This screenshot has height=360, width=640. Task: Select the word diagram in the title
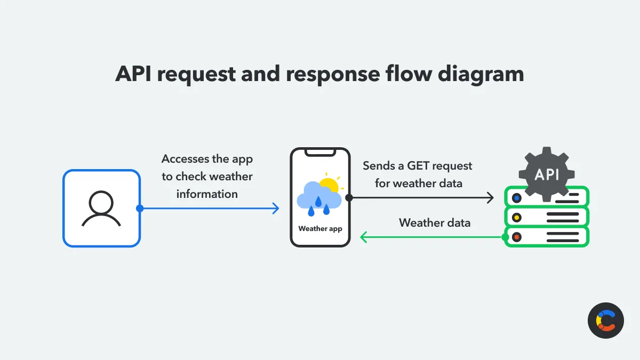point(481,74)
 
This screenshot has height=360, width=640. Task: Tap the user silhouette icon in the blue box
point(101,209)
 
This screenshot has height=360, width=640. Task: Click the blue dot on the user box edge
point(140,209)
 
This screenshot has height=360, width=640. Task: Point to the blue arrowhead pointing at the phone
point(276,209)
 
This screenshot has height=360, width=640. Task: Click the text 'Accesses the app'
point(207,159)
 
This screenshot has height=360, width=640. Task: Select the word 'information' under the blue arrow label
point(207,194)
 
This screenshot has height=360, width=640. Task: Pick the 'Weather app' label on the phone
point(320,229)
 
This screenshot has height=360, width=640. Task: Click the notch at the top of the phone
point(320,153)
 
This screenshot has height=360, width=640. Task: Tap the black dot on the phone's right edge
point(349,198)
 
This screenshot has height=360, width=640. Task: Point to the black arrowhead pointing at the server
point(491,198)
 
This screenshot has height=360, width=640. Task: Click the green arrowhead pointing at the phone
point(364,236)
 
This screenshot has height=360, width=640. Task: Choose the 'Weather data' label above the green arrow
point(435,222)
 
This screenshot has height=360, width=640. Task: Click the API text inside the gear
point(547,174)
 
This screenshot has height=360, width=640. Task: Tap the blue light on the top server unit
point(516,198)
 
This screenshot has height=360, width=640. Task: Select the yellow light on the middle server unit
point(516,218)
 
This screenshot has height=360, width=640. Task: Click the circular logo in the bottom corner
point(606,321)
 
